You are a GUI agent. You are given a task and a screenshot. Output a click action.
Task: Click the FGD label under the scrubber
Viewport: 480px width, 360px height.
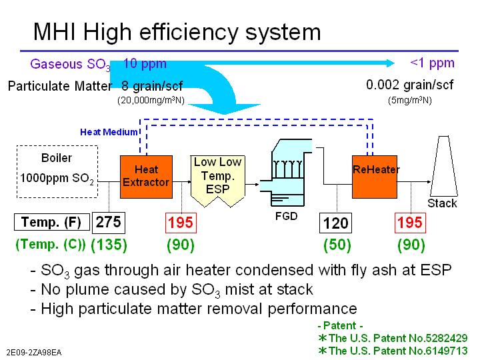287,217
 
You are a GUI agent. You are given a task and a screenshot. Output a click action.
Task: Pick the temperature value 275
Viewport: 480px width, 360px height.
109,222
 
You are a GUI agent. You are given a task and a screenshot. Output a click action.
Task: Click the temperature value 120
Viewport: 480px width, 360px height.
335,223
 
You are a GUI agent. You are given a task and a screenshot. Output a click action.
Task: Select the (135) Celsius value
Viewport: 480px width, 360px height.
109,245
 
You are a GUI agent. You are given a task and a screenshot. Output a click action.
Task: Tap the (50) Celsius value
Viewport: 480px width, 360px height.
337,245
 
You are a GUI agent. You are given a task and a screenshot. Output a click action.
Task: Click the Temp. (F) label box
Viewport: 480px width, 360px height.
51,222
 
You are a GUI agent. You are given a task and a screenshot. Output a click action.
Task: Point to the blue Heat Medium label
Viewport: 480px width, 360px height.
109,132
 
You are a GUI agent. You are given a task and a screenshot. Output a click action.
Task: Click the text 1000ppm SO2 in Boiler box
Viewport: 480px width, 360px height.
56,178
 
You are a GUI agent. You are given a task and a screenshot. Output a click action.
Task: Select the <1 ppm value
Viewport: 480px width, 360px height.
432,63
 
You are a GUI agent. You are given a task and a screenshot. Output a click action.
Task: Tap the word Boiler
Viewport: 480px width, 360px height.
56,159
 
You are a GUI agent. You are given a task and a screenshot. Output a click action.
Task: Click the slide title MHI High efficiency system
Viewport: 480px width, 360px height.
177,31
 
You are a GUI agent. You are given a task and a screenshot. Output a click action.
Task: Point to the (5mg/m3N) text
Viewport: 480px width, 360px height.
409,101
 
